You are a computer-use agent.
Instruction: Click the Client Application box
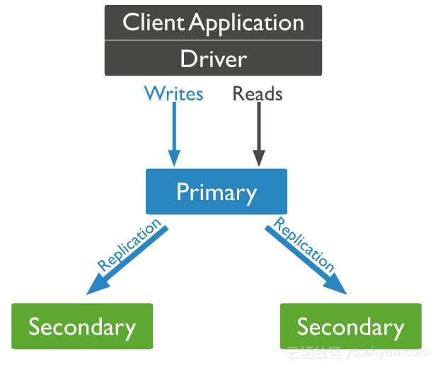[x=213, y=23]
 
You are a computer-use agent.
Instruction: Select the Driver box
[x=213, y=58]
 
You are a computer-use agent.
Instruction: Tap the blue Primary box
[x=216, y=192]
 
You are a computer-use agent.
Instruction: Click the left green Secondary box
[x=82, y=327]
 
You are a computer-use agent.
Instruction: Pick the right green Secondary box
[x=350, y=327]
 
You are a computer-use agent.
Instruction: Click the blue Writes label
[x=173, y=93]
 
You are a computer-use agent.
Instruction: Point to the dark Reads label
[x=258, y=93]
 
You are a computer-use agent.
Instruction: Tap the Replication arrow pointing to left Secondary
[x=127, y=258]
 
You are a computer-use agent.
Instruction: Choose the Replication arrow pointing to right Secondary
[x=306, y=258]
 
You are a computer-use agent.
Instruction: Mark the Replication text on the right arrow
[x=304, y=245]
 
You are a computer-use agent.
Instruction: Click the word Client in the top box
[x=153, y=23]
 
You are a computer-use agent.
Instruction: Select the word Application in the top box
[x=247, y=23]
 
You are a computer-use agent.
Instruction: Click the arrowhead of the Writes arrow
[x=173, y=158]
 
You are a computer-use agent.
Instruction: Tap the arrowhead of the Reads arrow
[x=258, y=158]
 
